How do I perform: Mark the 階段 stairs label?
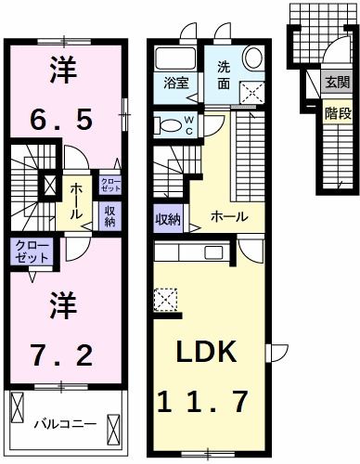click(x=336, y=114)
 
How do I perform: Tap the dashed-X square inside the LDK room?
click(x=166, y=300)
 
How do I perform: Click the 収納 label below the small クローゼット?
click(x=109, y=215)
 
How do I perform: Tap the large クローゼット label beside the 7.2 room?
click(x=32, y=250)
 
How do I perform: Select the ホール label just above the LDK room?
click(x=228, y=216)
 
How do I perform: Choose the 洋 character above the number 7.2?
click(x=61, y=303)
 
